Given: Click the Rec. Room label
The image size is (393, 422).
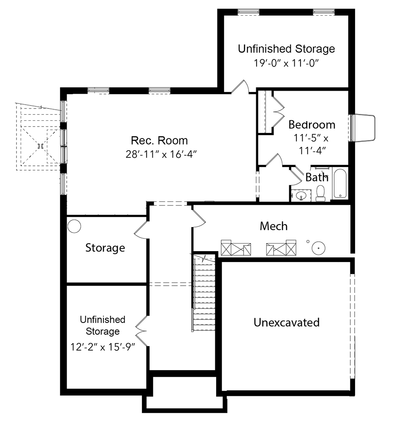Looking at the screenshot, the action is (159, 141).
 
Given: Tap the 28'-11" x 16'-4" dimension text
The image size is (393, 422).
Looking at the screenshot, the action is (161, 154).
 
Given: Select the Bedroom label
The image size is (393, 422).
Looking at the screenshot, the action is (312, 124).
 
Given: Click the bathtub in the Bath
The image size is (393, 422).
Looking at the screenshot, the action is (340, 184).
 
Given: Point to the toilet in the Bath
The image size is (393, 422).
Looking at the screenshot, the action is (320, 193).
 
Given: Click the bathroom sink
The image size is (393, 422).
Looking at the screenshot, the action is (301, 195).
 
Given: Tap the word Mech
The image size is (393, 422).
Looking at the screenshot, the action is (274, 226).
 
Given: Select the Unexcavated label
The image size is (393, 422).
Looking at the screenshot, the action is (286, 322).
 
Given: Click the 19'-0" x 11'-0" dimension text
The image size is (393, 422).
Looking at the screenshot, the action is (286, 63).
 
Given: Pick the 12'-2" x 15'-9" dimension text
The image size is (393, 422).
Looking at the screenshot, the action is (103, 347).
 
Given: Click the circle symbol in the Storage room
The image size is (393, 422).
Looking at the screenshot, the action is (74, 226).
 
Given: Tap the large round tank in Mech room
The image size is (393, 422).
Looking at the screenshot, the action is (318, 248).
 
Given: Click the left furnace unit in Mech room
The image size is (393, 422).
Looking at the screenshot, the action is (236, 248).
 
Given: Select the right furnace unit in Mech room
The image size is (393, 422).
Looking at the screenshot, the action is (281, 248).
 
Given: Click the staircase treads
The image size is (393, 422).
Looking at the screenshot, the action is (204, 293).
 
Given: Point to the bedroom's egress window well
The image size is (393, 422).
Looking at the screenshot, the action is (363, 128).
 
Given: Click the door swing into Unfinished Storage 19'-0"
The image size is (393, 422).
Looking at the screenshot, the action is (240, 87).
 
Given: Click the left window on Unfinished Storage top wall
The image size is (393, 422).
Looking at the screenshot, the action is (249, 12).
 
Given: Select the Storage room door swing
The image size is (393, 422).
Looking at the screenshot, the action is (141, 230).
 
